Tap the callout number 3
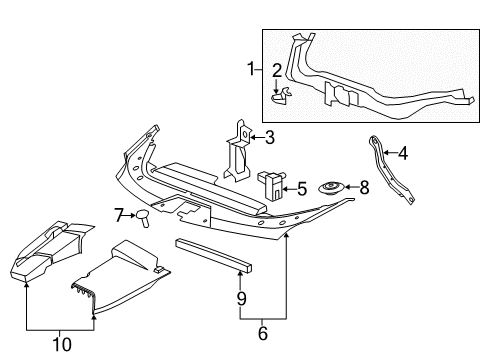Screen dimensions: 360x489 (268, 137)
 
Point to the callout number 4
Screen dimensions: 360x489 (402, 153)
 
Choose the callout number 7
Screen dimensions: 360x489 (118, 215)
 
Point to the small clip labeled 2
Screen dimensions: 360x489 (282, 95)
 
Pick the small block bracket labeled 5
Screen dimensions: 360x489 (271, 185)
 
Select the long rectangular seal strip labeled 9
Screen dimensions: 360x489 (214, 255)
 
